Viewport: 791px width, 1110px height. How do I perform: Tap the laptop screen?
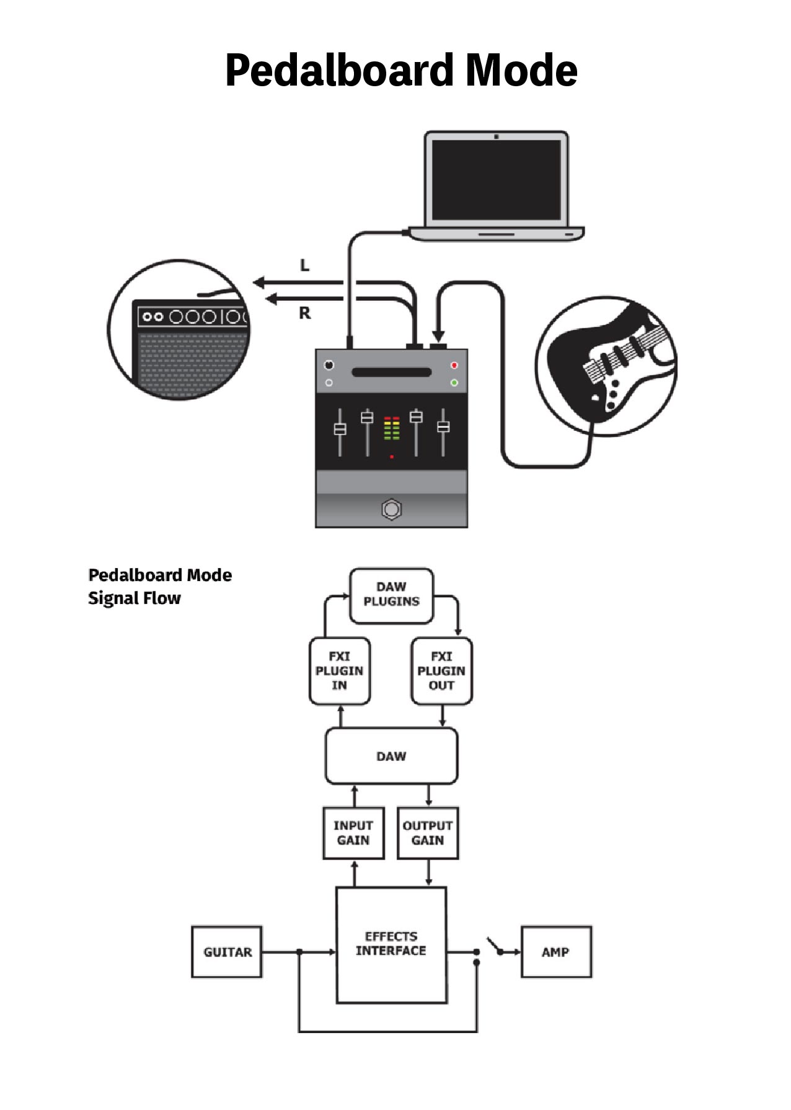pyautogui.click(x=496, y=180)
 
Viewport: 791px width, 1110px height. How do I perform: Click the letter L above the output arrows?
pyautogui.click(x=304, y=265)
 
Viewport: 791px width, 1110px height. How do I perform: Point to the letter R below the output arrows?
pyautogui.click(x=304, y=313)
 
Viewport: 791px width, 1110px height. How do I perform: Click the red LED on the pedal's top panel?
pyautogui.click(x=454, y=365)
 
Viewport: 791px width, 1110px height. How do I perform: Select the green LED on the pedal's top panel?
pyautogui.click(x=454, y=383)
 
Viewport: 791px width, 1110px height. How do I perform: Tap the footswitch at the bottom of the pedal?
pyautogui.click(x=391, y=509)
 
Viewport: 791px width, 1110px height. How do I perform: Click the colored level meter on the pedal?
pyautogui.click(x=391, y=428)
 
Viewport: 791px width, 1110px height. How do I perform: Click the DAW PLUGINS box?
pyautogui.click(x=391, y=595)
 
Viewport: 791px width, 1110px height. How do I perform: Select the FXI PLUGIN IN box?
pyautogui.click(x=339, y=671)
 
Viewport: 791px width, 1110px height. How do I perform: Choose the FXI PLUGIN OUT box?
pyautogui.click(x=441, y=671)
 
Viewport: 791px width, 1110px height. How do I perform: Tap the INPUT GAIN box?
pyautogui.click(x=353, y=833)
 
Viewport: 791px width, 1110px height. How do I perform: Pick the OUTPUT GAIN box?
pyautogui.click(x=428, y=833)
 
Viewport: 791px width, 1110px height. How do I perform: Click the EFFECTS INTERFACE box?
pyautogui.click(x=391, y=944)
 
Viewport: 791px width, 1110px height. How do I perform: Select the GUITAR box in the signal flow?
pyautogui.click(x=227, y=952)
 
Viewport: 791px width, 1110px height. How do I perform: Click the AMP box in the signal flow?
pyautogui.click(x=555, y=952)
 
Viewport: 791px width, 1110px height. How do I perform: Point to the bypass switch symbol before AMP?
pyautogui.click(x=496, y=947)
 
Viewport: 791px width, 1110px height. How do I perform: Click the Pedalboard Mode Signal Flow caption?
pyautogui.click(x=159, y=586)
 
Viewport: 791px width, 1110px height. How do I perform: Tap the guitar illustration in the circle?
pyautogui.click(x=608, y=366)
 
